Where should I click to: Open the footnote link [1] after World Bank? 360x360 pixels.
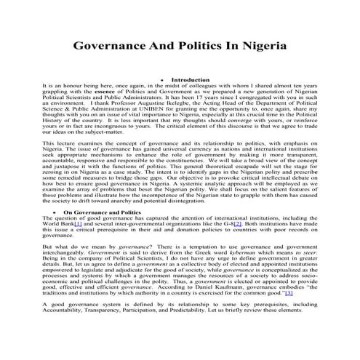point(77,224)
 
